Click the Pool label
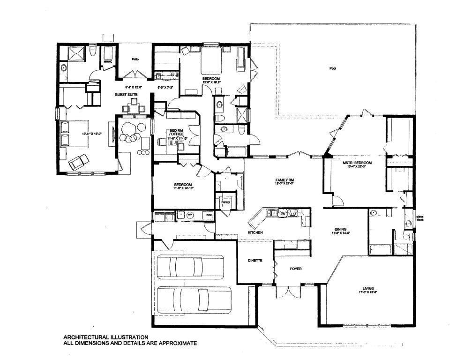[333, 68]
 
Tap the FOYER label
[295, 269]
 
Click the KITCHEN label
[255, 232]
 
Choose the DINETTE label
[255, 260]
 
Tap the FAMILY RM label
[284, 180]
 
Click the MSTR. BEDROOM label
[359, 163]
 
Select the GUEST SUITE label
[126, 95]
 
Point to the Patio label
[135, 59]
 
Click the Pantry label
[225, 202]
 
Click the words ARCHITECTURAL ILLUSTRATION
[106, 337]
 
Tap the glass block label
[419, 218]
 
